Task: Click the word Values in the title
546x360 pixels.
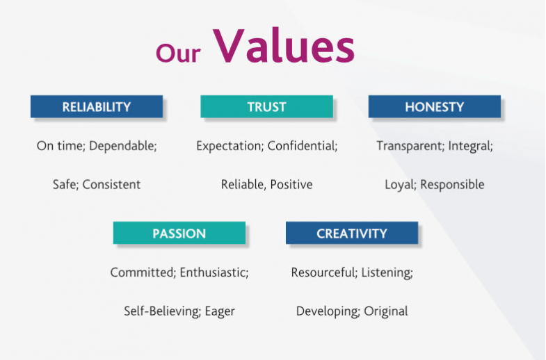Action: point(284,46)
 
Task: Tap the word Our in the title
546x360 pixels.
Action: point(178,53)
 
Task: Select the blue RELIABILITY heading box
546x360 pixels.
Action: point(97,106)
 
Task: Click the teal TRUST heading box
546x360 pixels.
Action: point(266,106)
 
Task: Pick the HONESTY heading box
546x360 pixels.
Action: point(435,106)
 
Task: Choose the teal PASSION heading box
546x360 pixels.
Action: point(179,233)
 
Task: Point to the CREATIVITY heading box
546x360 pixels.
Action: point(352,233)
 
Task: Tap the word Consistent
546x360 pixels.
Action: point(111,184)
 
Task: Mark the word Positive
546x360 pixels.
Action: point(291,184)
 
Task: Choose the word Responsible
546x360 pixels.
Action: point(452,185)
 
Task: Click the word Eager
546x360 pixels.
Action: point(220,311)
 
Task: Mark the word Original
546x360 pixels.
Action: point(386,311)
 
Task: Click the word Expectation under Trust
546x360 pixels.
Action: point(230,146)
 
